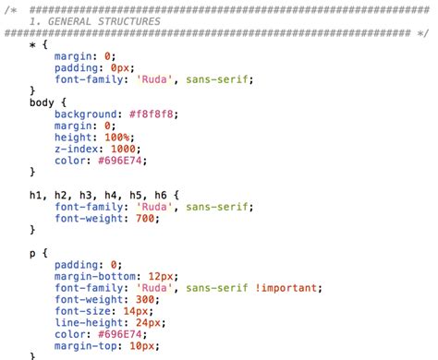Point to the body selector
pos(43,102)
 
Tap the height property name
pos(73,137)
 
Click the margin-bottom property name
pos(96,276)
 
